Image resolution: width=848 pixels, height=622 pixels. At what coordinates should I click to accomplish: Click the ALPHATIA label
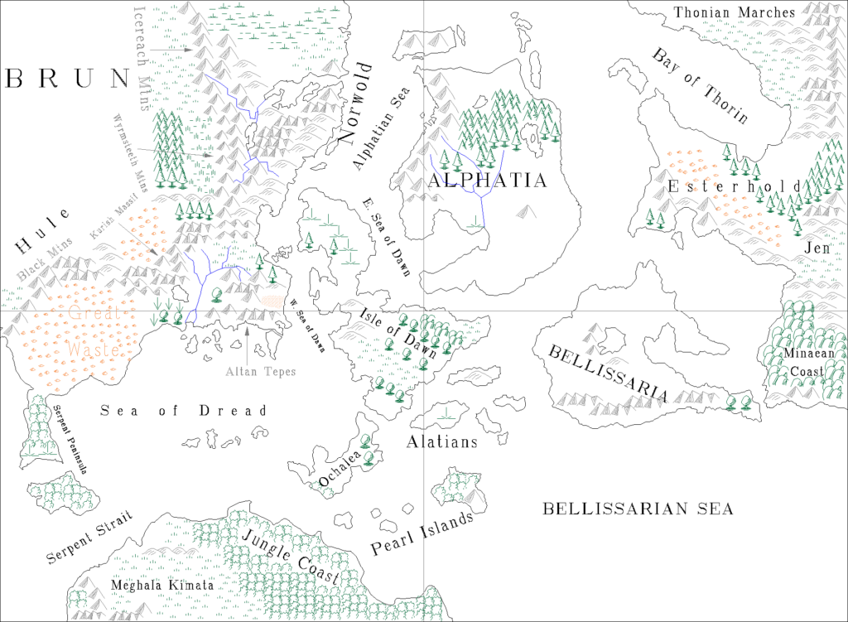pos(487,181)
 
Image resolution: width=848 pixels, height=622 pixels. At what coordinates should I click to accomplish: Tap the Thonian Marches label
pos(734,12)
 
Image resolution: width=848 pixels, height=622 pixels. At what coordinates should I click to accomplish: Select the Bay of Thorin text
pos(700,86)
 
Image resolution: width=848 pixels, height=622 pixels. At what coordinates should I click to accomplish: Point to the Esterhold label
pos(735,186)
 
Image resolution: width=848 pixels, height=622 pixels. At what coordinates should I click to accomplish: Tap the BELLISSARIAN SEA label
pos(638,509)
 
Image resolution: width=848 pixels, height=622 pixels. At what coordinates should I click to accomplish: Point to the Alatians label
pos(441,442)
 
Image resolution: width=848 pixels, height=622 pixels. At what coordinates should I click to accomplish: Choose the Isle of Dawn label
pos(398,332)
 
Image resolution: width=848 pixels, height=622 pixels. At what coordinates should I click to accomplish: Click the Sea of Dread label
pos(184,411)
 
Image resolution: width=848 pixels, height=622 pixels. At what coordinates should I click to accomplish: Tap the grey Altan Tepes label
pos(260,372)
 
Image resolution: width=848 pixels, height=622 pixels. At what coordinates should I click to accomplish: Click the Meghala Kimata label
pos(161,586)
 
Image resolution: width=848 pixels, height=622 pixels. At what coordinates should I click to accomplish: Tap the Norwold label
pos(356,116)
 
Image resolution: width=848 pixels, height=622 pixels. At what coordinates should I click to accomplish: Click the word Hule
pos(35,234)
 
